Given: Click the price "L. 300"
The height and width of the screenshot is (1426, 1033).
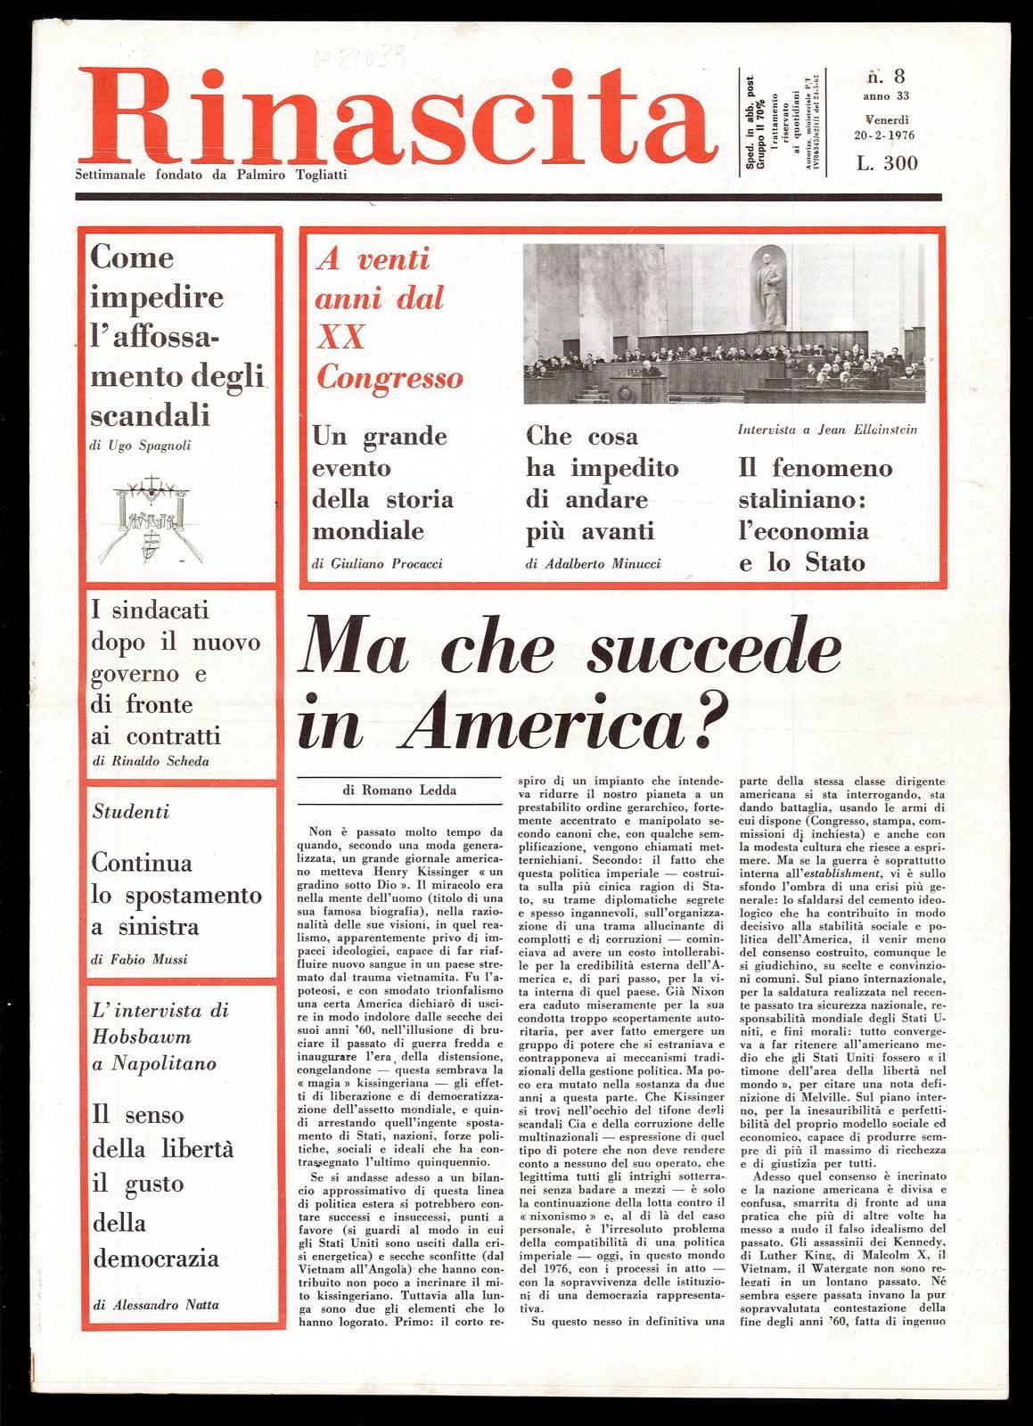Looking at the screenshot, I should point(887,162).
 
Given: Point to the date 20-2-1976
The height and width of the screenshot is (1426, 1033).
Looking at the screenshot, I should point(881,135).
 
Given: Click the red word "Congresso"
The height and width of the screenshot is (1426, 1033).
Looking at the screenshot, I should point(390,378).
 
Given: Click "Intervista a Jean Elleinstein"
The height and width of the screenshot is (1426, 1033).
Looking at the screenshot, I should point(827,429).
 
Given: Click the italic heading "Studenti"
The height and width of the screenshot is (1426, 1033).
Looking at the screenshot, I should point(130,812).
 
